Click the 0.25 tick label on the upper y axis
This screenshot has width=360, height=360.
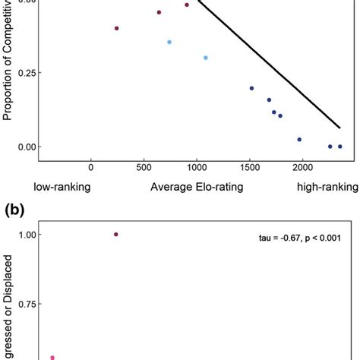[x=27, y=73]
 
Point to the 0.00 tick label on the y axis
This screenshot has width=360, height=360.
[x=27, y=147]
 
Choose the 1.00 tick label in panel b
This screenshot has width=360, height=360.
[x=27, y=235]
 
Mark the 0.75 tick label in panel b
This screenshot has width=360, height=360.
[x=27, y=304]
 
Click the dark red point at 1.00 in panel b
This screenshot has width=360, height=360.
[x=116, y=235]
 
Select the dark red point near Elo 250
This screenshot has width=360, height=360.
[x=117, y=28]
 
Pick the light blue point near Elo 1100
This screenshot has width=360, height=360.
[x=206, y=58]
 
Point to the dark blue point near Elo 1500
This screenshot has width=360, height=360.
[x=251, y=88]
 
